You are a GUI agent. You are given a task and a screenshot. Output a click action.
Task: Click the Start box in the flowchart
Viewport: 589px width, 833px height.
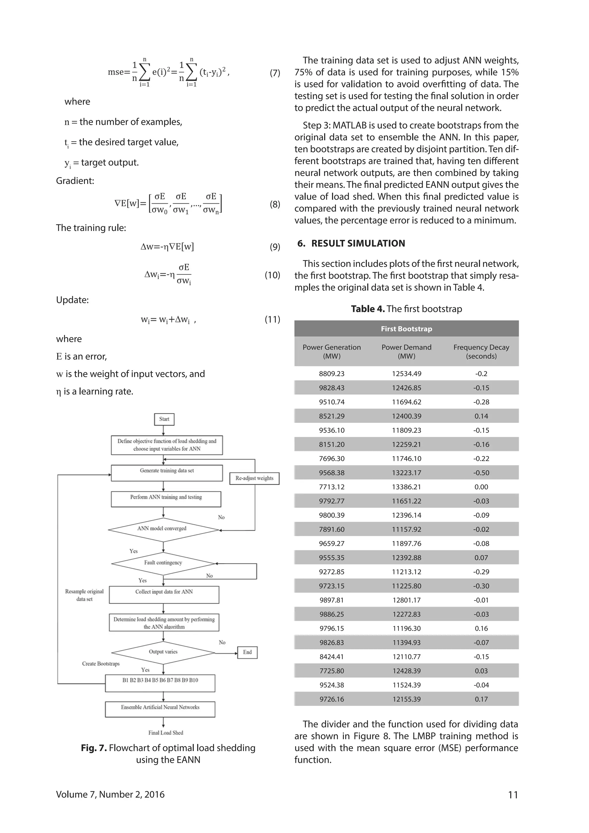[x=164, y=419]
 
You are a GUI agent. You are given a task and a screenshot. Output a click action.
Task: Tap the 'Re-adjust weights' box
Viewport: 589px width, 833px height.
[x=254, y=478]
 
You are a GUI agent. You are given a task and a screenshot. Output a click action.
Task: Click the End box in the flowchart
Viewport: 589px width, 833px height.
[x=247, y=652]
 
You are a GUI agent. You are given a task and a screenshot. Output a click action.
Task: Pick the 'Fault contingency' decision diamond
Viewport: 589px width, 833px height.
[x=163, y=563]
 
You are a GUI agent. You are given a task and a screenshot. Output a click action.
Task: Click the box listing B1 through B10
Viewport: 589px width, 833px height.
[x=160, y=683]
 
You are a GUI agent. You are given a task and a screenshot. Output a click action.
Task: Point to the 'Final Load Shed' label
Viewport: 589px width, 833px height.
[x=165, y=733]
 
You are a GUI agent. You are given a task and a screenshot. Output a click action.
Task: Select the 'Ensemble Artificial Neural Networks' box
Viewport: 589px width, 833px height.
[x=160, y=708]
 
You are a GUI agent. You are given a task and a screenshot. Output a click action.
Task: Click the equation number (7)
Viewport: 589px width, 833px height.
[x=275, y=73]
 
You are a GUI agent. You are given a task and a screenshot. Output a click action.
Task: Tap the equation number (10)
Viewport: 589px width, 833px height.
[x=272, y=275]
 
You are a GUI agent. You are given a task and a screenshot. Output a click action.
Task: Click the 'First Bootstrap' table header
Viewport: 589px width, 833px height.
[x=406, y=329]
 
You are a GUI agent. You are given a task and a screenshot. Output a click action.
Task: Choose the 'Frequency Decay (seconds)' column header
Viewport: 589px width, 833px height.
[x=481, y=351]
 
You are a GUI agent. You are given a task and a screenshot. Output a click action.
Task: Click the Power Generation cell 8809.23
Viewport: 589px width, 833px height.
[x=332, y=374]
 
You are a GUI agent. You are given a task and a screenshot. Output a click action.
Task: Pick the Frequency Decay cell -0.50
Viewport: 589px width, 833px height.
[x=481, y=473]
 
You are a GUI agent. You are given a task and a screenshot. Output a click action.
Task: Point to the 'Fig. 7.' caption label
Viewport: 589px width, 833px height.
[x=93, y=748]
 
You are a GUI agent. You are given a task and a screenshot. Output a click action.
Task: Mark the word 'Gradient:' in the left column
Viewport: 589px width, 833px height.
[x=75, y=181]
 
